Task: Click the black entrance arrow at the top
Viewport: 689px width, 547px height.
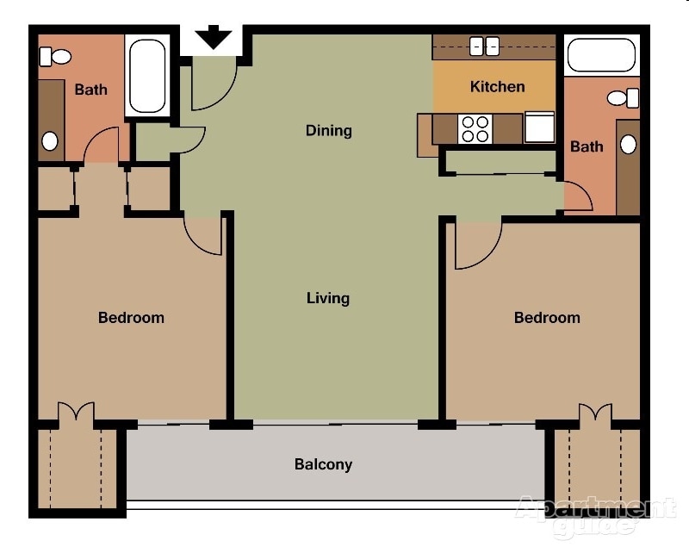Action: click(x=213, y=39)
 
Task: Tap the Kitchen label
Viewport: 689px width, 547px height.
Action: click(x=497, y=86)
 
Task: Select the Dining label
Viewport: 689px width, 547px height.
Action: click(x=328, y=131)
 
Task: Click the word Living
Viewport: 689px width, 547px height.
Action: click(x=328, y=298)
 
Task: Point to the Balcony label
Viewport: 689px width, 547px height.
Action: click(x=323, y=464)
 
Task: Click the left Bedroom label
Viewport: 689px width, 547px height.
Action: click(x=131, y=317)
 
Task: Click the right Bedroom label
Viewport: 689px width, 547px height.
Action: click(x=547, y=317)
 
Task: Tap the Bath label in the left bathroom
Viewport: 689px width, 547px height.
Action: click(x=90, y=89)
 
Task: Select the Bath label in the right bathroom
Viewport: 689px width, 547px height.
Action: click(x=587, y=146)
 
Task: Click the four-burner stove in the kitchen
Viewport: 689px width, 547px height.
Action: click(x=475, y=129)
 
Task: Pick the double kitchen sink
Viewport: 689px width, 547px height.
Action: click(x=484, y=47)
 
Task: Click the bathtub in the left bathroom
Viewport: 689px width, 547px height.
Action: click(x=147, y=76)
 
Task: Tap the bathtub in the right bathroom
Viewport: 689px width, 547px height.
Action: click(x=600, y=55)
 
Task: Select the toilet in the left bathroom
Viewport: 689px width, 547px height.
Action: click(x=57, y=58)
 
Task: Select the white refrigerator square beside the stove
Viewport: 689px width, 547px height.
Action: click(x=540, y=127)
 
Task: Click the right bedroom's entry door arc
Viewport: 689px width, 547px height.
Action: click(x=476, y=246)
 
